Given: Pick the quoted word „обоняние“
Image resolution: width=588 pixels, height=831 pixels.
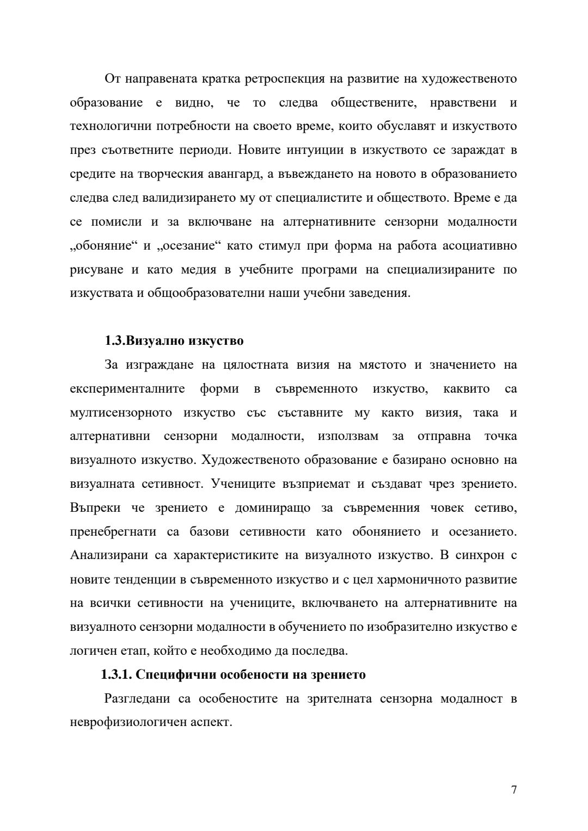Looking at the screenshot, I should [x=103, y=246].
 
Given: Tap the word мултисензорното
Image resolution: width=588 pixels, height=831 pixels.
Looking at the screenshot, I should [x=121, y=413].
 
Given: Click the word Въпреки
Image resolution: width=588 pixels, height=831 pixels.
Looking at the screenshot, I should [x=93, y=508].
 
